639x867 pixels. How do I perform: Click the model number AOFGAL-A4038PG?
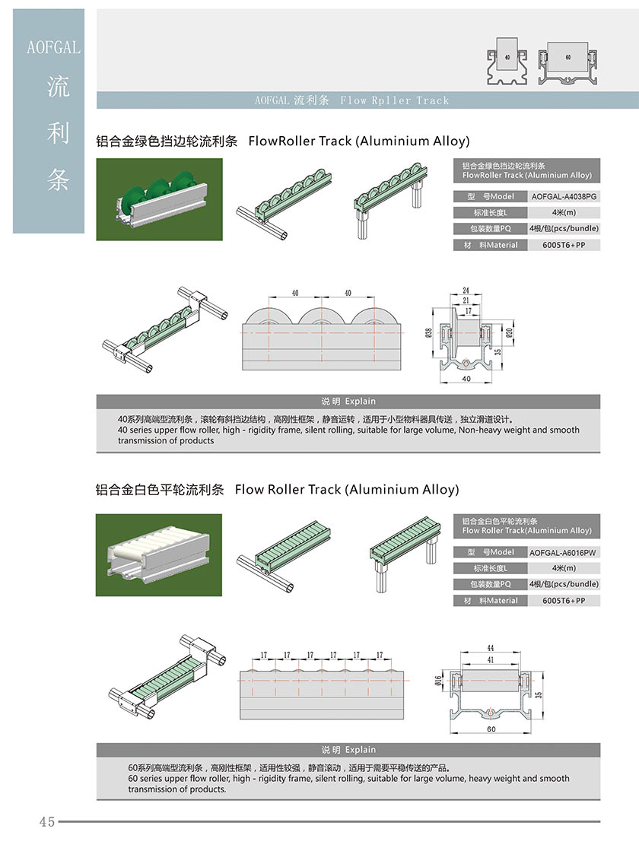564,196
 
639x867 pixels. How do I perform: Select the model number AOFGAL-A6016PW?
563,552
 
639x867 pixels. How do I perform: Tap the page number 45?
47,821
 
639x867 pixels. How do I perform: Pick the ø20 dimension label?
509,332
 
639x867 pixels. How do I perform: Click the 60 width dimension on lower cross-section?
491,729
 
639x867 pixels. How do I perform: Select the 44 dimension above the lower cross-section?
491,648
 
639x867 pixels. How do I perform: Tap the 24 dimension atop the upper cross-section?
466,291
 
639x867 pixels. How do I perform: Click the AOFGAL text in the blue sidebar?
53,48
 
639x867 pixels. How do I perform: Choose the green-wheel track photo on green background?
159,199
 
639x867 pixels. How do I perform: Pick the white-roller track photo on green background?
159,555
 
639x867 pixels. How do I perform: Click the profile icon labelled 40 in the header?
507,62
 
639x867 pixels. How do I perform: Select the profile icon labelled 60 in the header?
568,63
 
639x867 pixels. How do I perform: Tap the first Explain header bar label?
348,402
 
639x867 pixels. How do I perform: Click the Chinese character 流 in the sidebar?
58,87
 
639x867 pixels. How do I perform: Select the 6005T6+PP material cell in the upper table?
564,245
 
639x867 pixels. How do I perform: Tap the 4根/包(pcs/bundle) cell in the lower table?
564,584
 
